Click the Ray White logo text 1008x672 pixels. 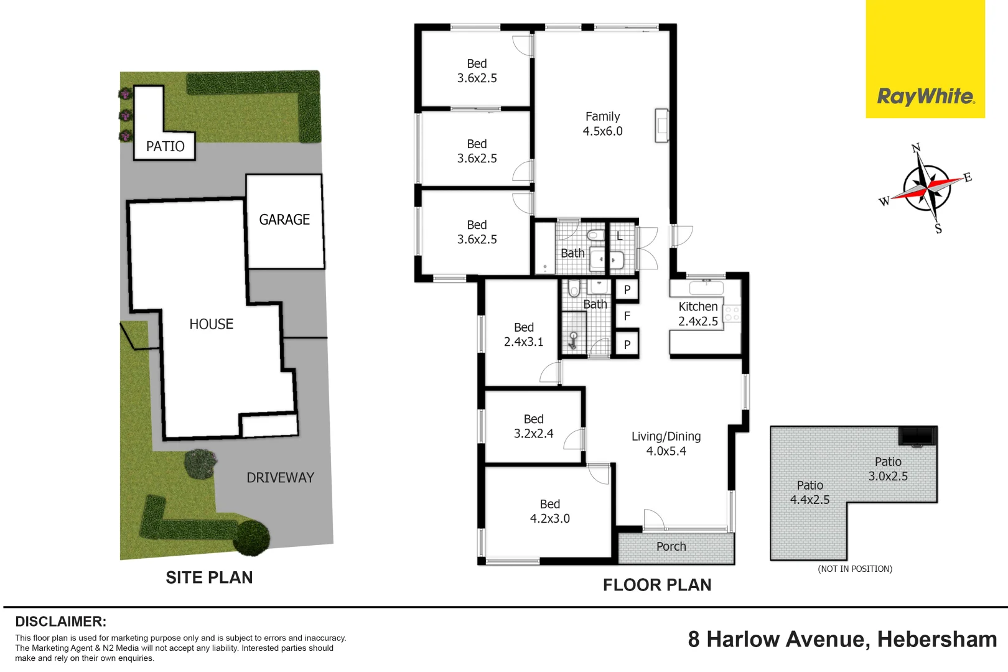tap(925, 96)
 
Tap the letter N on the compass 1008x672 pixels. tap(915, 148)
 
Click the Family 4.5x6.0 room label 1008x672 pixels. tap(602, 124)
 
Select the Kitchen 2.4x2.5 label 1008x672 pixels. tap(698, 314)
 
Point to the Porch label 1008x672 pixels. tap(671, 546)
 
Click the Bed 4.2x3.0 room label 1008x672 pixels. tap(549, 511)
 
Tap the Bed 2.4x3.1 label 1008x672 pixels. tap(523, 335)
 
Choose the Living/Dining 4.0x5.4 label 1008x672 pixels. tap(666, 444)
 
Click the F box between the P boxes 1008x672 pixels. tap(627, 316)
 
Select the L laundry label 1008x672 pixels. tap(619, 236)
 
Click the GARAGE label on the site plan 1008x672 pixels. tap(284, 220)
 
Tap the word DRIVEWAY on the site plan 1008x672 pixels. tap(280, 478)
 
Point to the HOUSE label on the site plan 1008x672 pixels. tap(211, 324)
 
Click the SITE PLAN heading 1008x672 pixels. tap(209, 577)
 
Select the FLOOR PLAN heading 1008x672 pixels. tap(657, 585)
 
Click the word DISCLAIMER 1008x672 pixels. tap(60, 622)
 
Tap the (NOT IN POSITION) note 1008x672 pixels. tap(854, 569)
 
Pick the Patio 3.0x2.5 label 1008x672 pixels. tap(888, 469)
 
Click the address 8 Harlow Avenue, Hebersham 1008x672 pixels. tap(842, 639)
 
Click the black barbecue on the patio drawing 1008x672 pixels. tap(917, 436)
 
